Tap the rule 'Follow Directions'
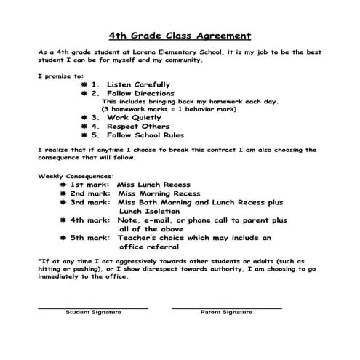[140, 93]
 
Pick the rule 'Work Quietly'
[135, 116]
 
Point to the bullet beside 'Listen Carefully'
[84, 84]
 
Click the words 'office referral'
[153, 246]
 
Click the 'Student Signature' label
[94, 312]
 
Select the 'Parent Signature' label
[226, 312]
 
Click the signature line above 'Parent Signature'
[226, 307]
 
